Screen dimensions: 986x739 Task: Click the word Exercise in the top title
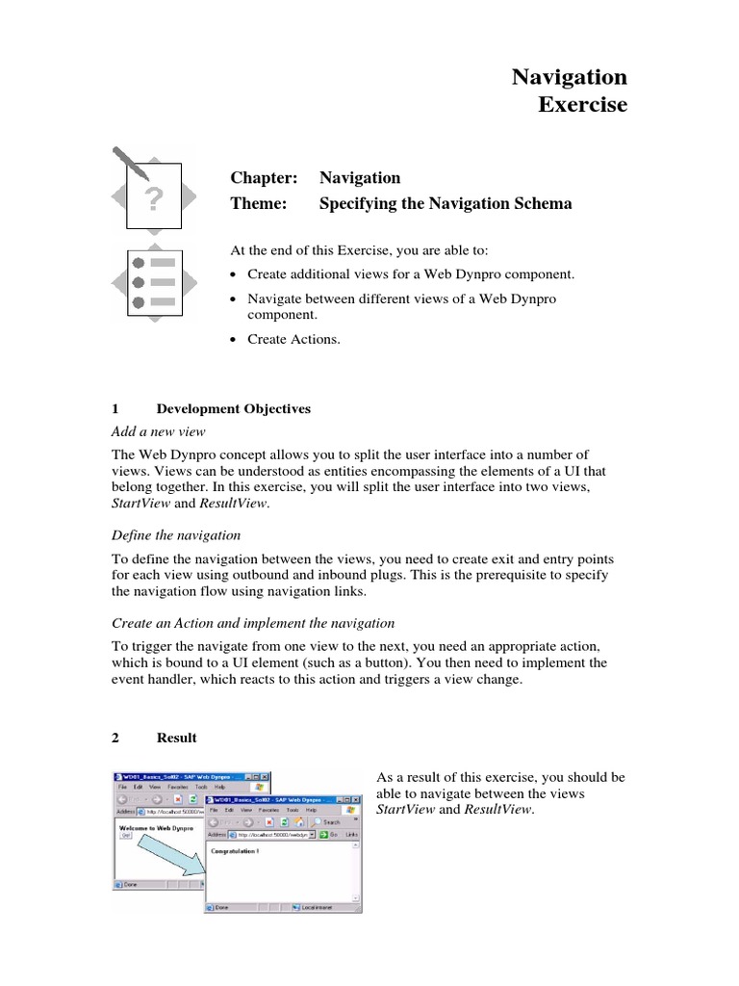(x=581, y=104)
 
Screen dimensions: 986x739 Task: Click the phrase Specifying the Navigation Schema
(x=446, y=203)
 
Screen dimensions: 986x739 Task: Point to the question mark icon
(x=154, y=199)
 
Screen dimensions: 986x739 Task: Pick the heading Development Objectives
(x=234, y=408)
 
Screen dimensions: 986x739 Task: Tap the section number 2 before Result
(x=115, y=738)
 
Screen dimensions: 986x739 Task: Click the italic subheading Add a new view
(x=159, y=430)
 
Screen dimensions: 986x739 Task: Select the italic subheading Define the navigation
(x=177, y=534)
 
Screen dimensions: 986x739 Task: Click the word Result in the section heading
(x=176, y=738)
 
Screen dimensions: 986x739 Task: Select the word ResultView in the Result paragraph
(x=497, y=810)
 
